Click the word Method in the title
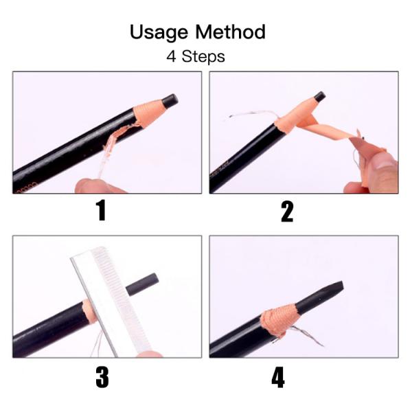pyautogui.click(x=231, y=32)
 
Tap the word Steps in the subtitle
pyautogui.click(x=203, y=56)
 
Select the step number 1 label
pyautogui.click(x=101, y=211)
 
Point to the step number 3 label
pyautogui.click(x=102, y=376)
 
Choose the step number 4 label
pyautogui.click(x=278, y=377)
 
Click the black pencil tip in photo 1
pyautogui.click(x=170, y=101)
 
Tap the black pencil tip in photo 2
pyautogui.click(x=319, y=97)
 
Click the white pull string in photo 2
pyautogui.click(x=247, y=117)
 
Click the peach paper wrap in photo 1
pyautogui.click(x=148, y=110)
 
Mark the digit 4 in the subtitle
pyautogui.click(x=171, y=56)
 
